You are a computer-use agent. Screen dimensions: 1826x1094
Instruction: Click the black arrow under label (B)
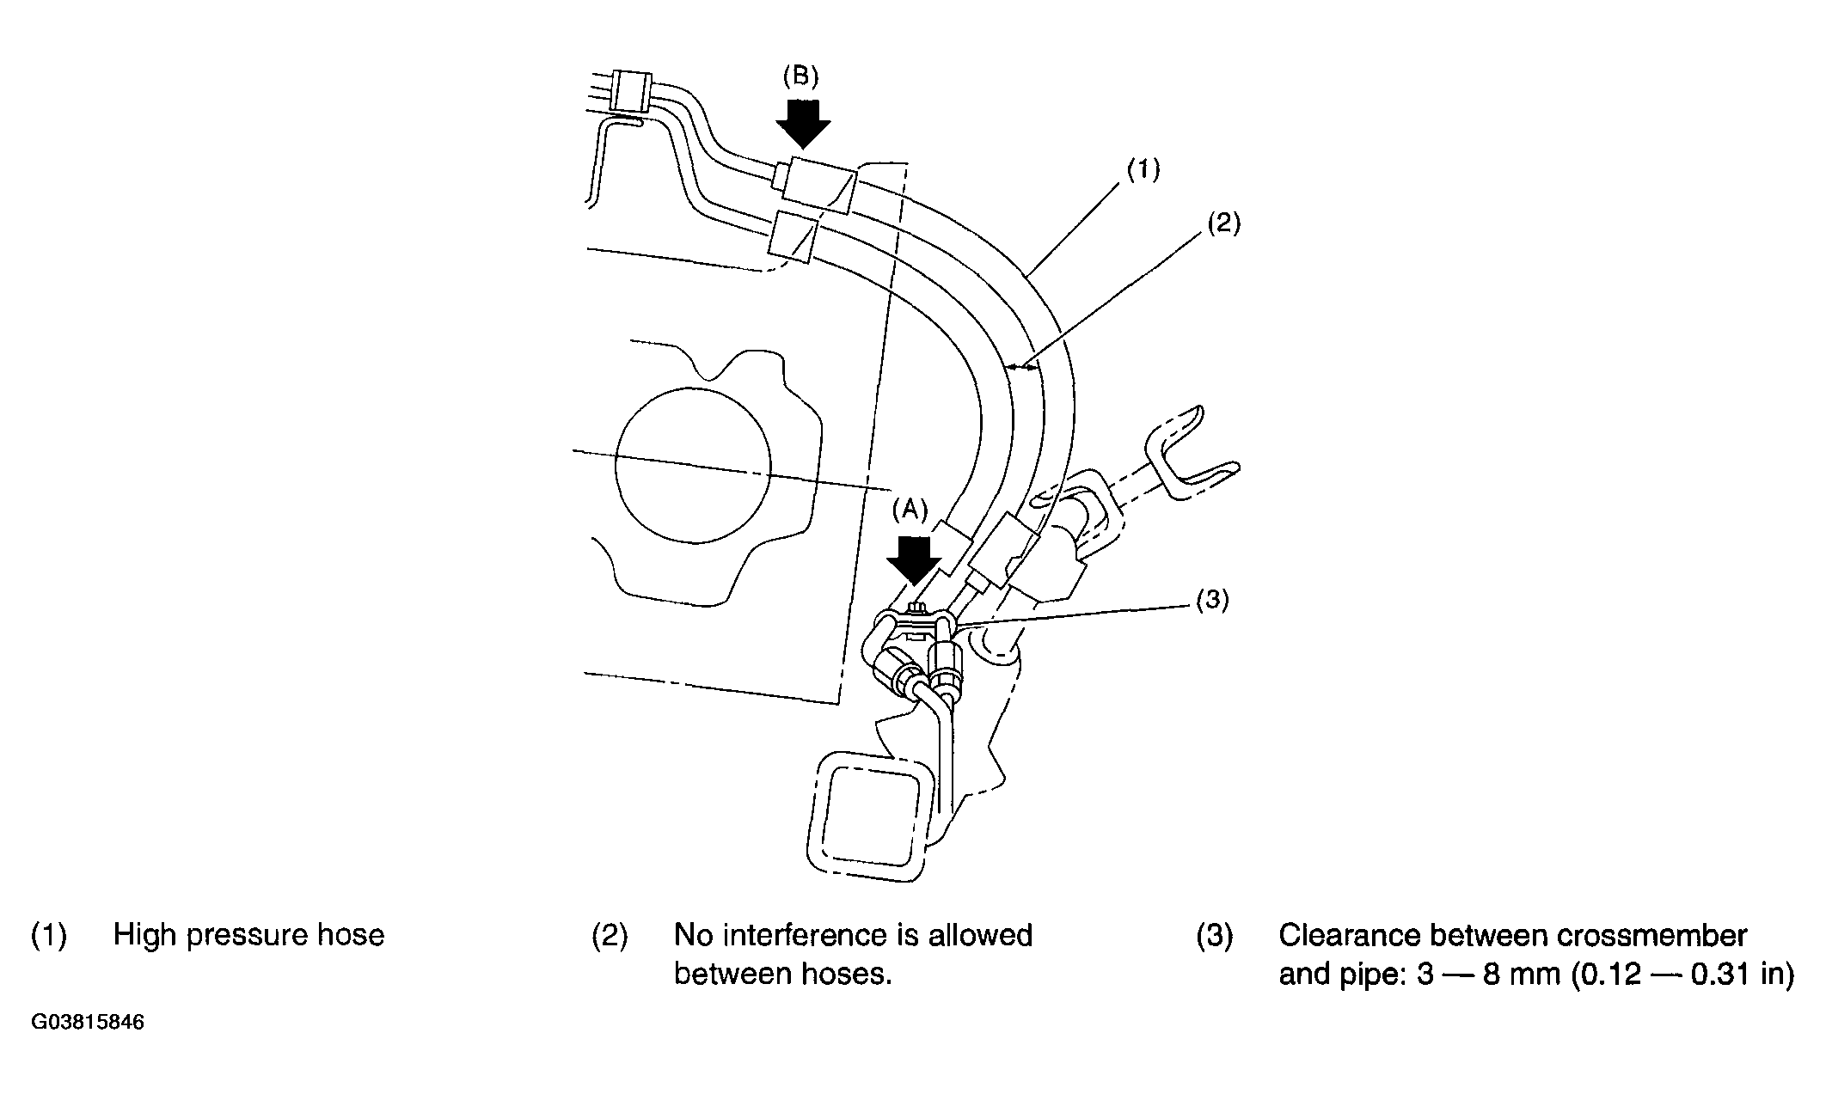coord(803,122)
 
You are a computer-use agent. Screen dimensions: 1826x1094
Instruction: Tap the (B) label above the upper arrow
coord(800,76)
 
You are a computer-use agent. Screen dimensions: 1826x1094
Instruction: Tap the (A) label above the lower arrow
coord(910,510)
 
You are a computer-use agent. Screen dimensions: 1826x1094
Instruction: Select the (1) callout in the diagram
coord(1143,169)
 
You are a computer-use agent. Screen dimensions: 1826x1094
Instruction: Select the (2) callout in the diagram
coord(1223,223)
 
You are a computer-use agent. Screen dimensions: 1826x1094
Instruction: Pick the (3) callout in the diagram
coord(1212,601)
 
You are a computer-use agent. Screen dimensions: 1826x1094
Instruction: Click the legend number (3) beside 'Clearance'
coord(1214,936)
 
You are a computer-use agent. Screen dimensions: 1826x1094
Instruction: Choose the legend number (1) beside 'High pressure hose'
coord(49,936)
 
